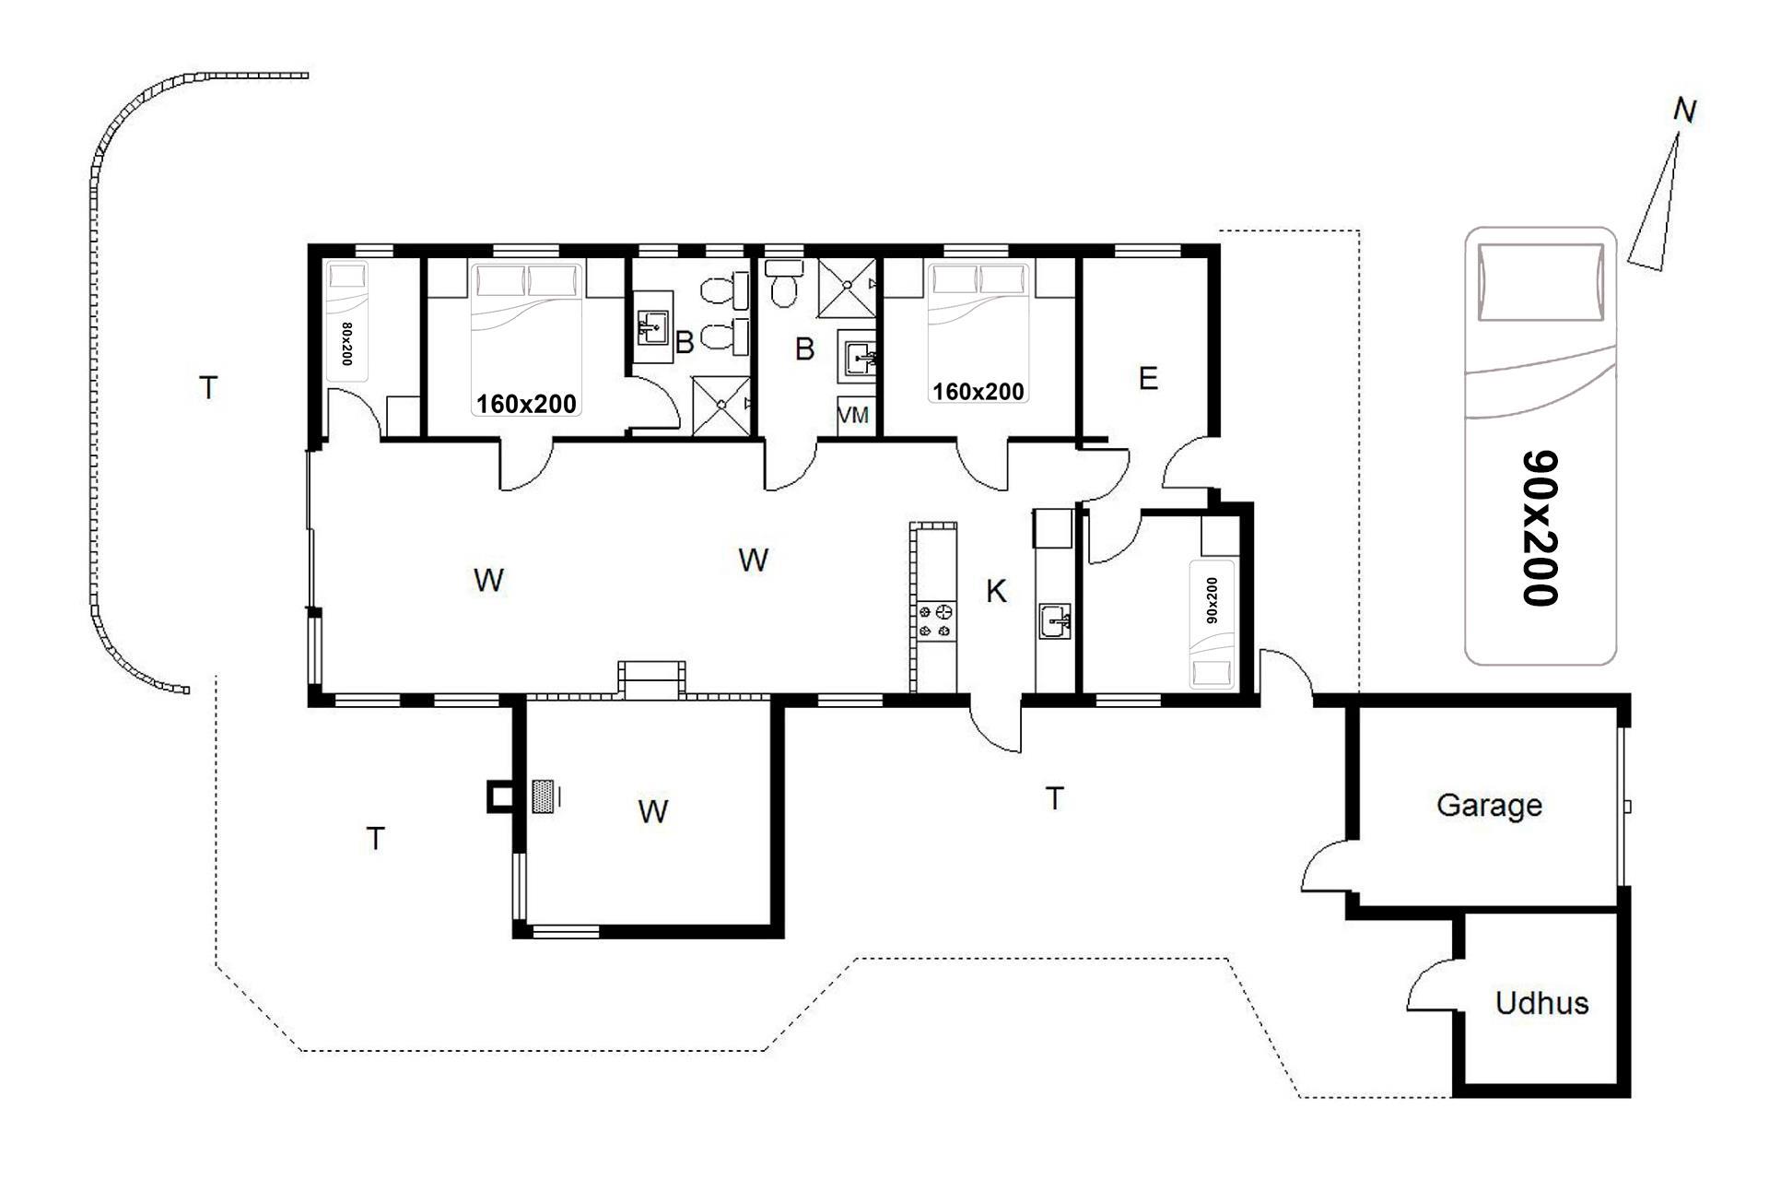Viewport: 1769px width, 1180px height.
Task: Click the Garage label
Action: tap(1489, 806)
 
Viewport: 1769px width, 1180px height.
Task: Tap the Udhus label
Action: tap(1541, 1003)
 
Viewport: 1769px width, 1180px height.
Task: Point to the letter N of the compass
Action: tap(1684, 112)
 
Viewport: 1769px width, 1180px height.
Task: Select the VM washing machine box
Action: tap(853, 416)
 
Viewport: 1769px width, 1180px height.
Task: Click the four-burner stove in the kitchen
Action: tap(935, 620)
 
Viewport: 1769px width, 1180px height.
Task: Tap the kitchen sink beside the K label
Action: tap(1056, 621)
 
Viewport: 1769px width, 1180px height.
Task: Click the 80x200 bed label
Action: tap(346, 344)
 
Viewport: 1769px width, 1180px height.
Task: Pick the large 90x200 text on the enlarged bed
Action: tap(1540, 528)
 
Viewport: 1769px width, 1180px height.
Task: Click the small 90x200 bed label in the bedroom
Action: tap(1212, 600)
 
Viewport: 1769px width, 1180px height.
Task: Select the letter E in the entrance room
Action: tap(1148, 379)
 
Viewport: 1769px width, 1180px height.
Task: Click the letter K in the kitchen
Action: tap(996, 591)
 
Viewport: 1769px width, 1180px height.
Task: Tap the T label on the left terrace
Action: tap(208, 388)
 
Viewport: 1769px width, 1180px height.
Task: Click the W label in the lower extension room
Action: tap(653, 812)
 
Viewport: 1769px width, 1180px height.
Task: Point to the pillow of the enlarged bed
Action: tap(1540, 282)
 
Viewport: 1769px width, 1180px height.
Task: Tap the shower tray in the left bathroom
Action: tap(721, 405)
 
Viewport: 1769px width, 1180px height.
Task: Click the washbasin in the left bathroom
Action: tap(653, 327)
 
